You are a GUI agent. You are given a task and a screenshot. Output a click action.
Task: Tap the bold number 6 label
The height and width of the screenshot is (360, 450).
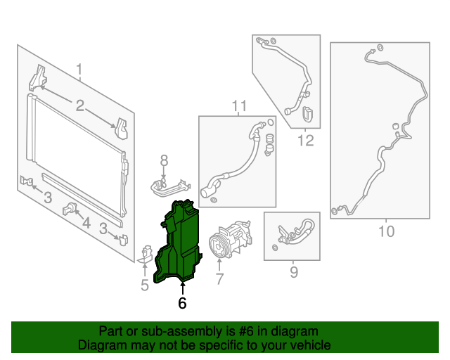click(x=182, y=303)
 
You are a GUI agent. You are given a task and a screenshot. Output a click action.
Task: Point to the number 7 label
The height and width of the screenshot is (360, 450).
click(x=219, y=279)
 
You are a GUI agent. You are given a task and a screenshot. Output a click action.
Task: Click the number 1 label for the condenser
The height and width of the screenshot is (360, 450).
click(x=79, y=70)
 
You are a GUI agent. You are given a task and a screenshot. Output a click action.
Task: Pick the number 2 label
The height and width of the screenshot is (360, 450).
click(x=79, y=105)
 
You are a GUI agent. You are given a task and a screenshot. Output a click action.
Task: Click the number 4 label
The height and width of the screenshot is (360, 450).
click(x=86, y=224)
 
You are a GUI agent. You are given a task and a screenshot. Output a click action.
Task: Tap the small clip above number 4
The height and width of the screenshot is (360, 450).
click(x=70, y=208)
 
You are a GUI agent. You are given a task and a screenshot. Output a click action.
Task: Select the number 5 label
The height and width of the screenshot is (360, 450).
click(x=144, y=285)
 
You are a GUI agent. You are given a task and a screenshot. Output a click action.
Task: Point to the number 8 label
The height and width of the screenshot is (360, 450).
click(x=163, y=160)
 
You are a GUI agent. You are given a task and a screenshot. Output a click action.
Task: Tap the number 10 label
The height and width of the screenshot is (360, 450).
click(x=386, y=231)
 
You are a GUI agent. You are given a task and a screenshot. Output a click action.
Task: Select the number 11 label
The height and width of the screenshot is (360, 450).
click(x=239, y=106)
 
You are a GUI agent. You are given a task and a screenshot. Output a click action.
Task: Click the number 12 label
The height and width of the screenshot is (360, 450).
click(x=304, y=141)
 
